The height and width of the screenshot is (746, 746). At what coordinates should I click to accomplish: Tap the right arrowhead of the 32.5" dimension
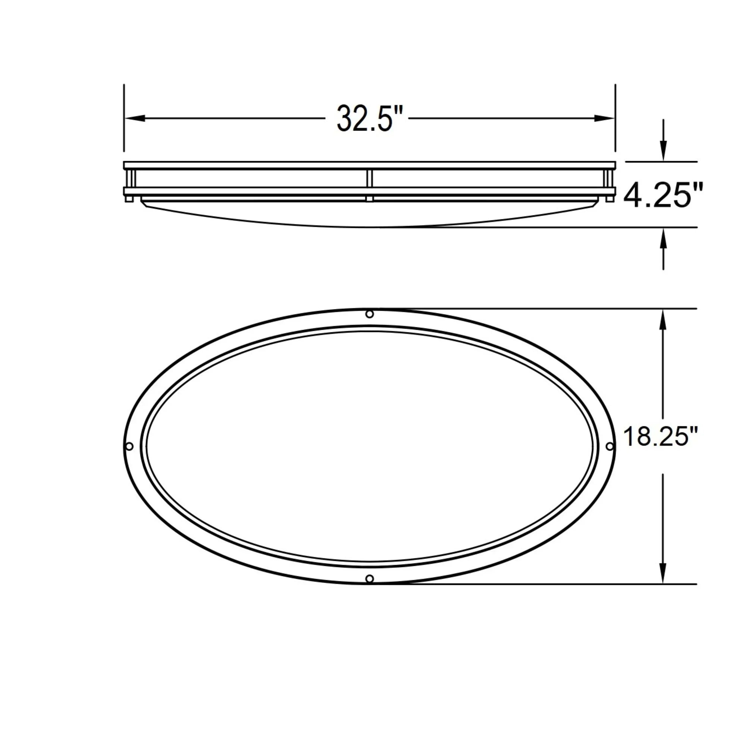pos(604,119)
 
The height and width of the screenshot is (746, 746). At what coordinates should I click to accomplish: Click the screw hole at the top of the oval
pos(370,314)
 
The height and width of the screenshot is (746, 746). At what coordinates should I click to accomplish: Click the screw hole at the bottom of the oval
pos(370,579)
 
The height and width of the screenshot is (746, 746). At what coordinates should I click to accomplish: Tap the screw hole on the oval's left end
pos(129,446)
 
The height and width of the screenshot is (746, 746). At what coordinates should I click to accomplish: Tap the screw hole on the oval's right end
pos(610,446)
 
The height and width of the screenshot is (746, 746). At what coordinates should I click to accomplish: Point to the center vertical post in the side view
pos(370,179)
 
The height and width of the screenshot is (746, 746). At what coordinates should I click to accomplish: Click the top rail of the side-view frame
pos(370,165)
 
